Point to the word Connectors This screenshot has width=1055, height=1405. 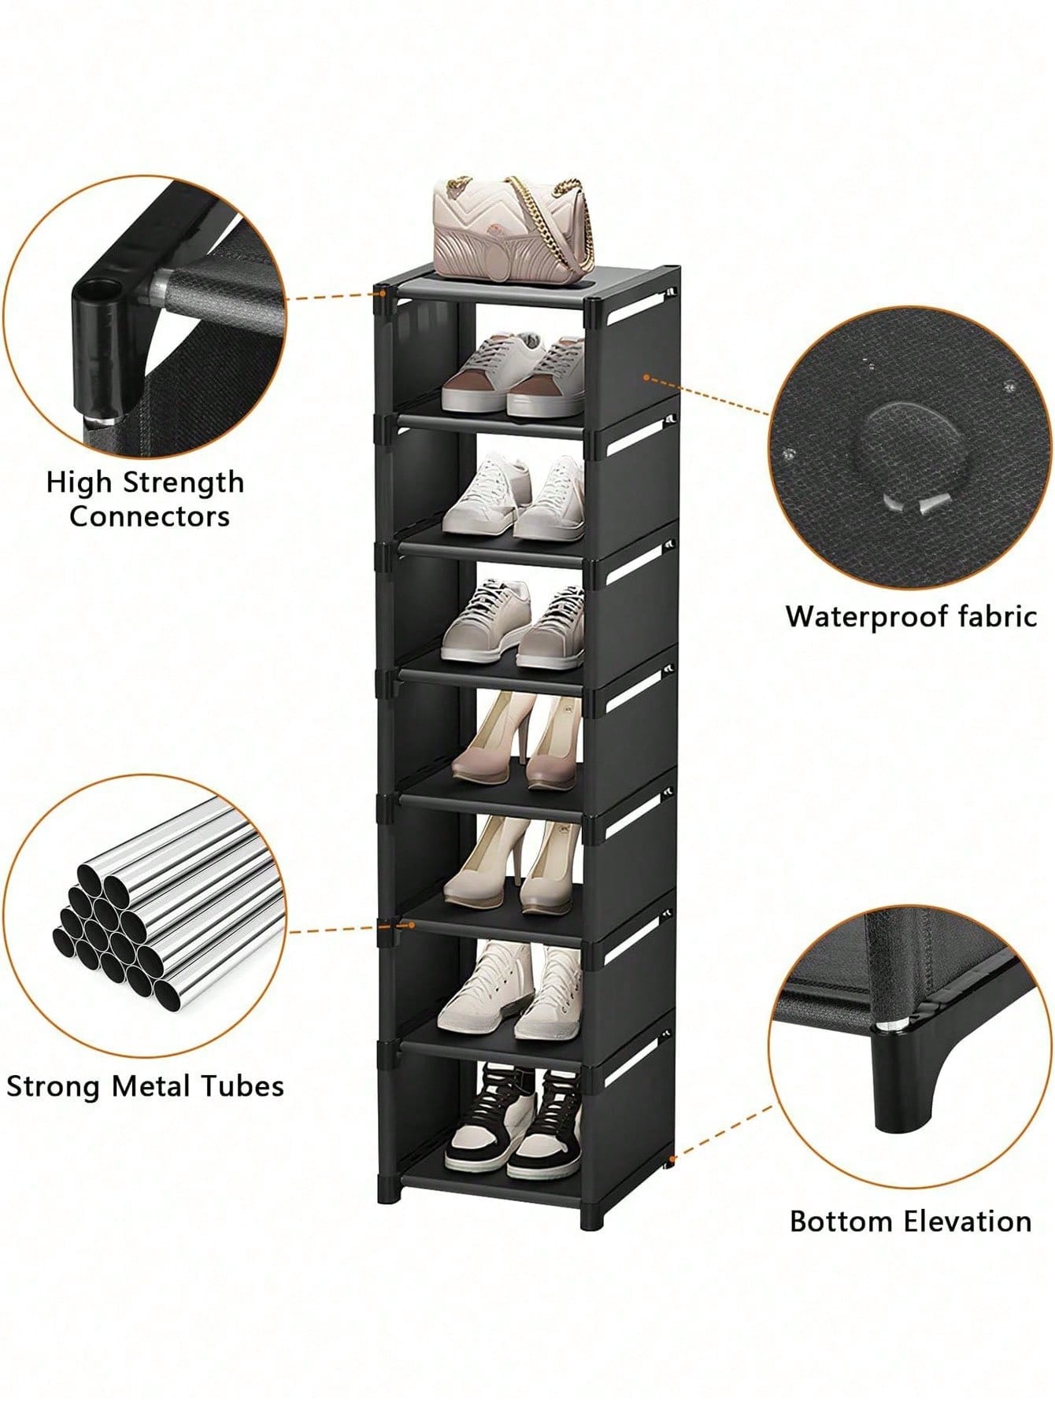coord(150,516)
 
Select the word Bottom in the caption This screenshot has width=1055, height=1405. coord(842,1222)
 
